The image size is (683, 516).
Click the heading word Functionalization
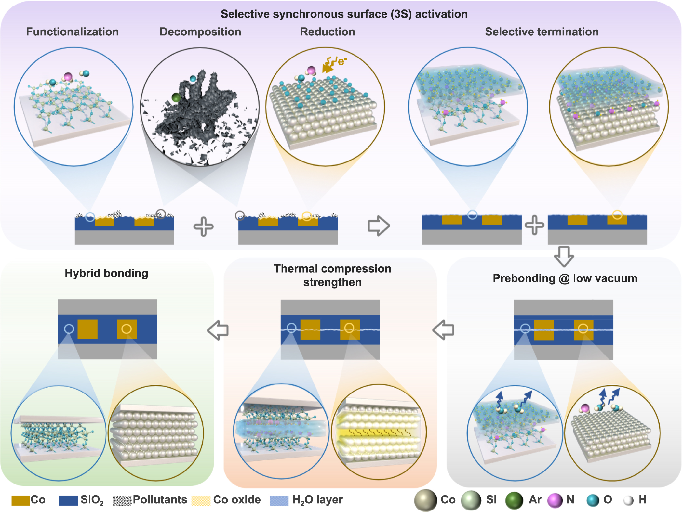72,32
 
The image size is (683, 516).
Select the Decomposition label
200,32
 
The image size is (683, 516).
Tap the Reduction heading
327,32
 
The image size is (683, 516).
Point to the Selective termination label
542,32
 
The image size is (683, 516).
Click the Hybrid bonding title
106,273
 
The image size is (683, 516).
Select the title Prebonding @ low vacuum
565,278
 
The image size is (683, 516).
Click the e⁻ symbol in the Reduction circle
342,61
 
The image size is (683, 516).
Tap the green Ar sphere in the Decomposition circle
176,97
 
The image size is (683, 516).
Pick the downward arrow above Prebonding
564,256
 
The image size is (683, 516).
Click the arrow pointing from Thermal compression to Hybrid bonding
218,330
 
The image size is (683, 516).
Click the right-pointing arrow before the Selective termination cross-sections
379,226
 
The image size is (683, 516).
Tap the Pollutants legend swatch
122,501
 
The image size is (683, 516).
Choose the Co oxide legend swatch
201,501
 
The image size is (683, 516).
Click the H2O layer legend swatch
279,501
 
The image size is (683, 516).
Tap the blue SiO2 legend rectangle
68,501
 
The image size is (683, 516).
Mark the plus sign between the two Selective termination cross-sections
534,225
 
